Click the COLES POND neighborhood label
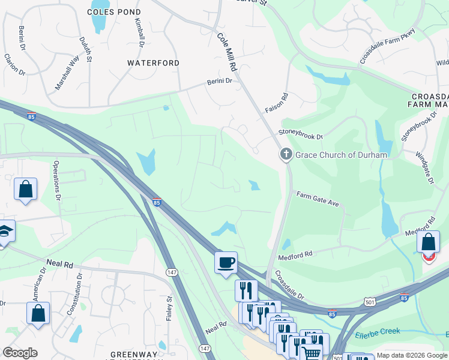114,12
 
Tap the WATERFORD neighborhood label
153,63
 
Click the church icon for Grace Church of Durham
286,155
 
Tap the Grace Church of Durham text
341,155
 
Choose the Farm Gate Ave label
318,199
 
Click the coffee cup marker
226,263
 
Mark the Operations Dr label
58,188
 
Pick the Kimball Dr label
139,33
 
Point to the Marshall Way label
67,73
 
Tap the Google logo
20,353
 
